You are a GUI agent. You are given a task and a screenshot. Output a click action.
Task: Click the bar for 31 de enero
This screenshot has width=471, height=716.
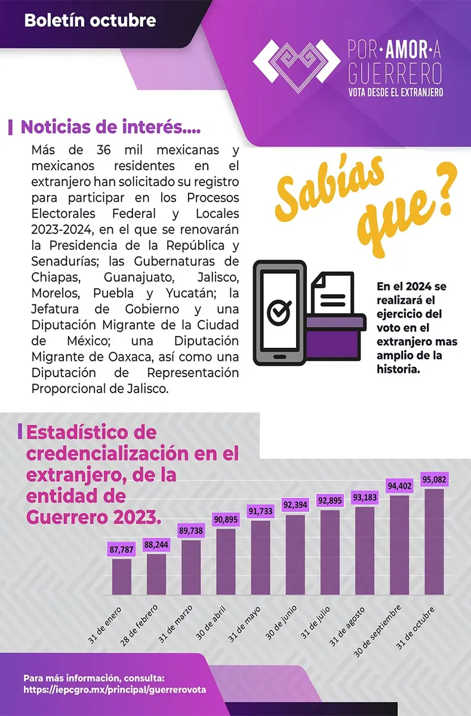point(121,576)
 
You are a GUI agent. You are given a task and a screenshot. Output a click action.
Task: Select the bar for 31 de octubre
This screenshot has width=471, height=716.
point(434,542)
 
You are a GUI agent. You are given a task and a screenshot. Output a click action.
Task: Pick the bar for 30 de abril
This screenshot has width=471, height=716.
point(226,561)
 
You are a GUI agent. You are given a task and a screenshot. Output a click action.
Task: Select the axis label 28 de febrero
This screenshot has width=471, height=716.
point(140,624)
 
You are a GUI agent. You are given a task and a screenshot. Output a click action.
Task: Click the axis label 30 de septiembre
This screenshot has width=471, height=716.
point(377,629)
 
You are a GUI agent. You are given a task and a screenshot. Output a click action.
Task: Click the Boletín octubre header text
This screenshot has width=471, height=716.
point(90,21)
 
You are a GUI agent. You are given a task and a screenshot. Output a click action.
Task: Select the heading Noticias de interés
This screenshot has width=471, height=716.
point(110,127)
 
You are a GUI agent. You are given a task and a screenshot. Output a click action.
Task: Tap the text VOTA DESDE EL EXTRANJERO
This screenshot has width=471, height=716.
point(395,93)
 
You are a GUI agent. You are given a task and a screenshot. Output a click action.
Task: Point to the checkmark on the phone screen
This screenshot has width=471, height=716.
point(278,310)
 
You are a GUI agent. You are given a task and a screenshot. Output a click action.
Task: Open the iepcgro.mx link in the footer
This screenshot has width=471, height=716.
point(115,689)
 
